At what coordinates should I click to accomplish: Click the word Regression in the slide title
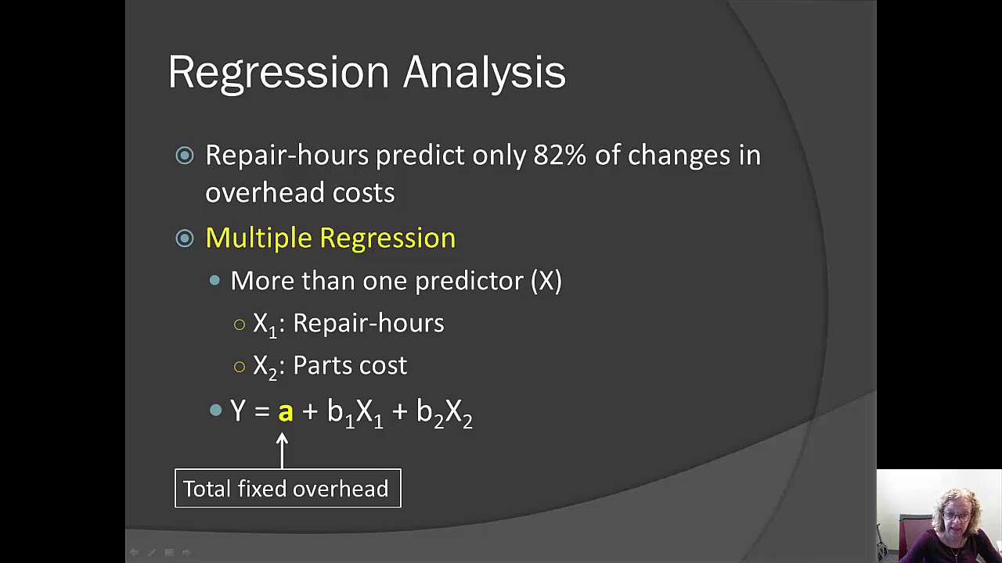tap(278, 73)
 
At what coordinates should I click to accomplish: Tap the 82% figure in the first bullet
tap(559, 156)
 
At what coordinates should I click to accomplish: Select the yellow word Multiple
tap(258, 238)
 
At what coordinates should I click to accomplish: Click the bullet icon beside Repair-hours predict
tap(185, 156)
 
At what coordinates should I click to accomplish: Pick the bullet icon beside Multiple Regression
tap(185, 238)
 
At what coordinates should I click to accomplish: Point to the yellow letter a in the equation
tap(285, 412)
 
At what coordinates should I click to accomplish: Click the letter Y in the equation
tap(238, 411)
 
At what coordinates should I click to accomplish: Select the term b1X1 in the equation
tap(355, 413)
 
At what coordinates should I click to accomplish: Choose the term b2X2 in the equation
tap(444, 413)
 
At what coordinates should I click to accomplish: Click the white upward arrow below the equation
tap(282, 450)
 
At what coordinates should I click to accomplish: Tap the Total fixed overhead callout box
tap(287, 489)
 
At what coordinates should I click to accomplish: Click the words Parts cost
tap(349, 365)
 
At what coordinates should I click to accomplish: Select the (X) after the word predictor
tap(546, 281)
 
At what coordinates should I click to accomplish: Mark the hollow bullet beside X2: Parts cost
tap(240, 366)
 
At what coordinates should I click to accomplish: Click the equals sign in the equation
tap(261, 412)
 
